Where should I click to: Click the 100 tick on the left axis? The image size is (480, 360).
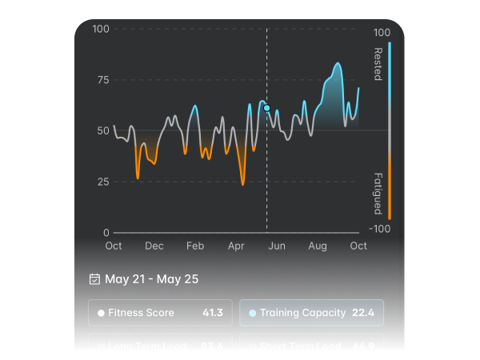tap(101, 30)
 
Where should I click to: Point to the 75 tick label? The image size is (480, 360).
tap(102, 80)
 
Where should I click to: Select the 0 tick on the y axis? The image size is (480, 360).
tap(106, 233)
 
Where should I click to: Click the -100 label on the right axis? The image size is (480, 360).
tap(382, 229)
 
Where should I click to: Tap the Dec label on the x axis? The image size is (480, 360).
tap(154, 246)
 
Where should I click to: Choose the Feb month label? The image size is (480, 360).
tap(195, 246)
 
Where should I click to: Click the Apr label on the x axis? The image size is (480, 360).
tap(236, 246)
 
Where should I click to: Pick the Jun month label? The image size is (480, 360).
tap(277, 246)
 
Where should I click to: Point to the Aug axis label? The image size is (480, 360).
tap(318, 246)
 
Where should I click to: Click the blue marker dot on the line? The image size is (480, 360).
tap(267, 108)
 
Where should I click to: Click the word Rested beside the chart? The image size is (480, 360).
tap(378, 64)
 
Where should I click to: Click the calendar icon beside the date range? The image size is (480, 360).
tap(94, 279)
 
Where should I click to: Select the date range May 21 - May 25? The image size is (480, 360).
tap(152, 279)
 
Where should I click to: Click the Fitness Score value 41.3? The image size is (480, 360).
tap(214, 313)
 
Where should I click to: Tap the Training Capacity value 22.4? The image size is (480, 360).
tap(362, 313)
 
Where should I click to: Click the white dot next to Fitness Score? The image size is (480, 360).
tap(101, 313)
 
